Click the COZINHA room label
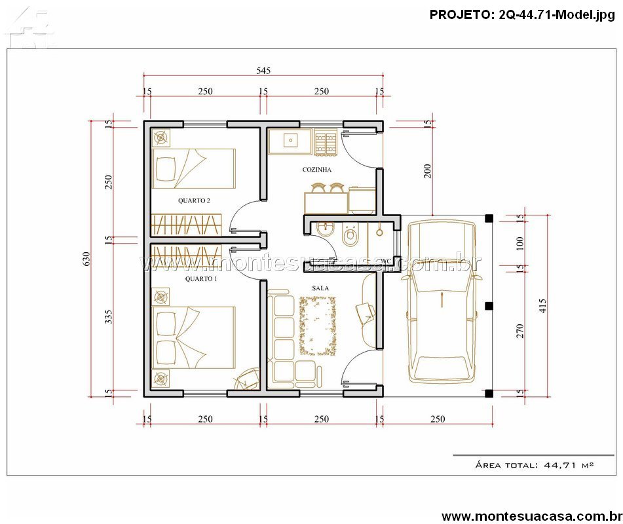316,170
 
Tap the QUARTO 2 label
194,200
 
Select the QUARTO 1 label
201,279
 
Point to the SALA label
320,288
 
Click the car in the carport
442,302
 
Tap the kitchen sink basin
291,140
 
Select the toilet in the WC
350,234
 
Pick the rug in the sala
318,326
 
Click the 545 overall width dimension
263,71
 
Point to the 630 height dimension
86,259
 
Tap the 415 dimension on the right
542,305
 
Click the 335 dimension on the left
108,317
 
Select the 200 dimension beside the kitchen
427,171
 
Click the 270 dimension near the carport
519,331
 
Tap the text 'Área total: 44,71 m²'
535,464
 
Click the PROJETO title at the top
522,14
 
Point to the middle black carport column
489,305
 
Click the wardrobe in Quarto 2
185,225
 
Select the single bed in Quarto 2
194,168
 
